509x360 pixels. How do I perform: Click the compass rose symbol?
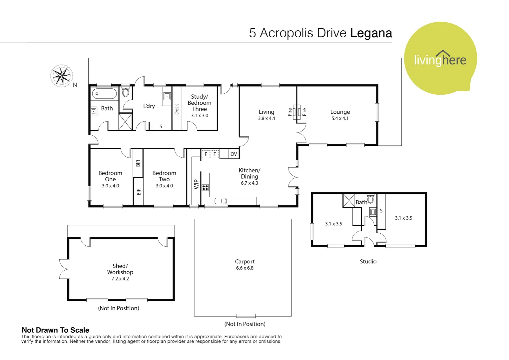(x=62, y=76)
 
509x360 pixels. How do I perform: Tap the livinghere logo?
(x=440, y=59)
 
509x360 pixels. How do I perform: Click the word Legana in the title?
(x=371, y=33)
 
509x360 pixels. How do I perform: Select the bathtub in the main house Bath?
(x=104, y=94)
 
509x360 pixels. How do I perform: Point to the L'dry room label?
(x=149, y=106)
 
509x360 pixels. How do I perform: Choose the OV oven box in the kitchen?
(x=234, y=154)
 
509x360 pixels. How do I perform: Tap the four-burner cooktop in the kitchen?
(x=205, y=188)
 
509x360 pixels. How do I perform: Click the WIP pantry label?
(x=196, y=184)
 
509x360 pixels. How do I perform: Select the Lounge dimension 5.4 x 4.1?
(x=340, y=118)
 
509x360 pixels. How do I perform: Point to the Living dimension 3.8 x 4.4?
(x=266, y=118)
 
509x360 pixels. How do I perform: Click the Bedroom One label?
(x=110, y=176)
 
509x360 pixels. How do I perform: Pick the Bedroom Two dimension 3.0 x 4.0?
(x=164, y=186)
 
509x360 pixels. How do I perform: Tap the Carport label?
(x=245, y=262)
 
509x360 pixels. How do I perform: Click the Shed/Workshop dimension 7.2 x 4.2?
(x=120, y=279)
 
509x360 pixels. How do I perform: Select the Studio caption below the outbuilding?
(x=368, y=262)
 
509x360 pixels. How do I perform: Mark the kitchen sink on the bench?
(x=221, y=201)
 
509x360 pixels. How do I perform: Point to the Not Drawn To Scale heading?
(x=55, y=330)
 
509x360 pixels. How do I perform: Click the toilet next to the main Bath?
(x=126, y=92)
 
